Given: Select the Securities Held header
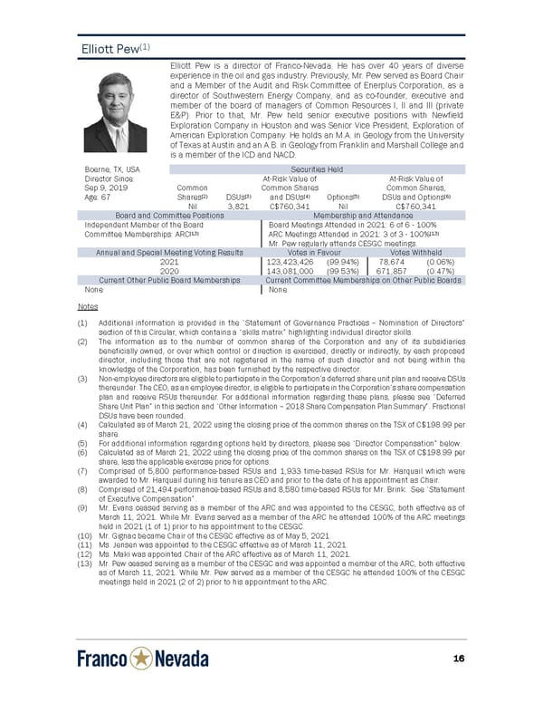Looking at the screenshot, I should (315, 169).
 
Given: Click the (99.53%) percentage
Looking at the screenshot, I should (340, 270).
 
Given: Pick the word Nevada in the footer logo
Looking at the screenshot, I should (182, 659).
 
